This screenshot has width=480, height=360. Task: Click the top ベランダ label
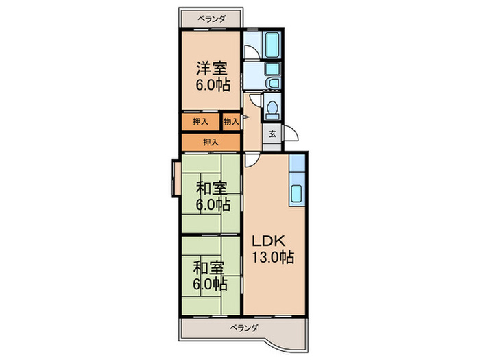click(x=211, y=19)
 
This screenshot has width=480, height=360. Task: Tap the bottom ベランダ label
click(x=244, y=328)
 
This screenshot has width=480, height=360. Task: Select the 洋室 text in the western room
click(x=212, y=69)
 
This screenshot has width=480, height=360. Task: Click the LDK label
click(x=269, y=241)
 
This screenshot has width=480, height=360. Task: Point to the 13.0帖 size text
click(x=273, y=257)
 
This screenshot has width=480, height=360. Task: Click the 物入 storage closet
click(x=231, y=121)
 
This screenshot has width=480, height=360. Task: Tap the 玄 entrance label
click(x=272, y=134)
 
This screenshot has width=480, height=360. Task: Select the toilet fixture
click(x=272, y=110)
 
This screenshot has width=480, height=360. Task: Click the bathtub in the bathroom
click(x=272, y=45)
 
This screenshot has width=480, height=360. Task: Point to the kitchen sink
click(x=296, y=194)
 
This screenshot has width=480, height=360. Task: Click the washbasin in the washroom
click(x=273, y=83)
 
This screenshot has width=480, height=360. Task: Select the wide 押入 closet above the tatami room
click(x=211, y=142)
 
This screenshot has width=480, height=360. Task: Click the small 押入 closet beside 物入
click(x=200, y=121)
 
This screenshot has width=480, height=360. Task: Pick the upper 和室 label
click(x=211, y=189)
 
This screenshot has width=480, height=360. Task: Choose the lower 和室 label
click(x=208, y=268)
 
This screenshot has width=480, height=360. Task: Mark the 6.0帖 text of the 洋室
click(x=213, y=85)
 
